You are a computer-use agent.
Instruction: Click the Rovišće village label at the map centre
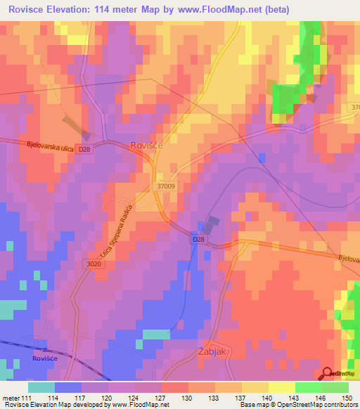[x=146, y=145]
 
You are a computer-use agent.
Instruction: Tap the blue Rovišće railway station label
[x=43, y=358]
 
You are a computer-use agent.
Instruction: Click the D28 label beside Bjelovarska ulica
[x=84, y=149]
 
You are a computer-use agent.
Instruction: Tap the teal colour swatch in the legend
[x=41, y=387]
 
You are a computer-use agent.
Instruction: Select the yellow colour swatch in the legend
[x=282, y=387]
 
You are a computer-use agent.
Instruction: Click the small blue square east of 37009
[x=262, y=158]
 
